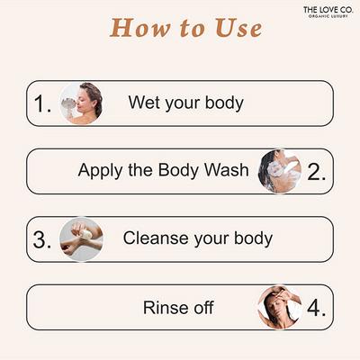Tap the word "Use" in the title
[x=238, y=28]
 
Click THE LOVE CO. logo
[x=328, y=12]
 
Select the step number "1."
[x=42, y=104]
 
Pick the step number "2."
[x=317, y=172]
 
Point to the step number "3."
[x=42, y=240]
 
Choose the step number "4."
[x=316, y=308]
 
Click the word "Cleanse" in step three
[x=156, y=238]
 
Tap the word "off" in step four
[x=203, y=308]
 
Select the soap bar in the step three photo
[x=85, y=234]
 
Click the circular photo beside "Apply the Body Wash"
[x=280, y=171]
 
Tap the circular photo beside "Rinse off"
[x=280, y=308]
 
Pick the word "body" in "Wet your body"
[x=224, y=103]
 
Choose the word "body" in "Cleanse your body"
[x=254, y=238]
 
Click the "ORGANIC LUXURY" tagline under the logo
[x=328, y=16]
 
